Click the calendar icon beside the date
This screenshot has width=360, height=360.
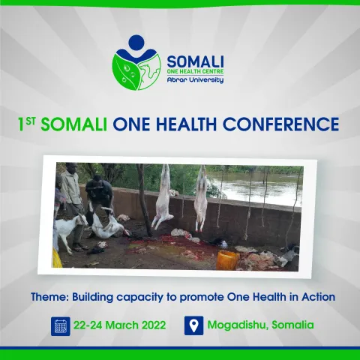click(61, 325)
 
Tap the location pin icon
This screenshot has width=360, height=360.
click(193, 325)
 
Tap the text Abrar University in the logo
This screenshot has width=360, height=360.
click(195, 79)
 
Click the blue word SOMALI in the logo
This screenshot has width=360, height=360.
click(195, 59)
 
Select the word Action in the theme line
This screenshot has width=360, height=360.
click(316, 297)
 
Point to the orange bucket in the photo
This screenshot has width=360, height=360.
click(228, 259)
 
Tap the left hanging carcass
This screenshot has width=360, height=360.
click(163, 201)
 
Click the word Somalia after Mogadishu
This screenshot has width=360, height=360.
click(293, 325)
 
